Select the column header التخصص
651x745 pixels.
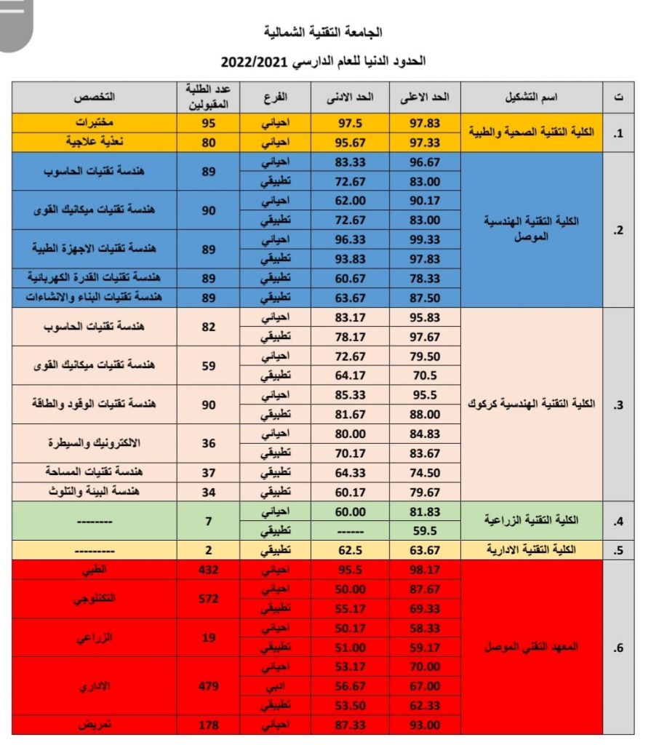click(x=97, y=97)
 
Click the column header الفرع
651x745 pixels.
click(x=275, y=97)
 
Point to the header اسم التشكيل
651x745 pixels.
click(x=531, y=97)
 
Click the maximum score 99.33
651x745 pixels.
click(x=425, y=239)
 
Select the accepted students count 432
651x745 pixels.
click(x=209, y=570)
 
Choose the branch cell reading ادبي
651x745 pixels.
click(x=275, y=686)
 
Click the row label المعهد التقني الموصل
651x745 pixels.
click(x=531, y=647)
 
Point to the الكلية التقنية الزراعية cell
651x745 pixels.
click(x=531, y=521)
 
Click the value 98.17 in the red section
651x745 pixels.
click(x=425, y=570)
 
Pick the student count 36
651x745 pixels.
click(x=209, y=443)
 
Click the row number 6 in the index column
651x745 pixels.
click(x=618, y=647)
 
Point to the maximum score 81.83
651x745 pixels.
click(x=425, y=511)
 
